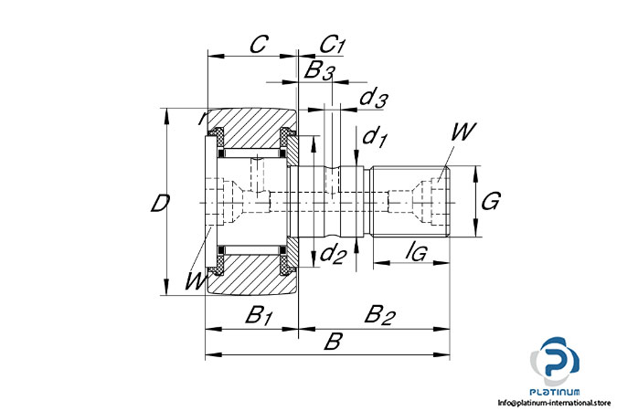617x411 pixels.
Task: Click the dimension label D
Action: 159,204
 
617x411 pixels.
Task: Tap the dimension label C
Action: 258,43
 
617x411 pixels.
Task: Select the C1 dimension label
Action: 332,44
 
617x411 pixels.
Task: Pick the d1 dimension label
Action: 375,138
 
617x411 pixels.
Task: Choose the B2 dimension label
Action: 378,316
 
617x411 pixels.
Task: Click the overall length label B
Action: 333,342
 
